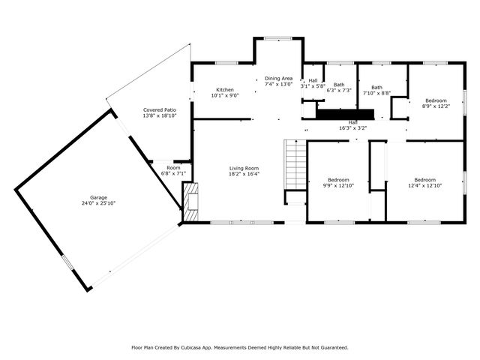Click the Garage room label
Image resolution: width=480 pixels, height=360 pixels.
pyautogui.click(x=99, y=197)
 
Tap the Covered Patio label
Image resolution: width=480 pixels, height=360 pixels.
pyautogui.click(x=159, y=110)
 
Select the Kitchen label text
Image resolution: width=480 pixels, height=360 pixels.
pyautogui.click(x=225, y=89)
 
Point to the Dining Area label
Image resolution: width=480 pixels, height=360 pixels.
pyautogui.click(x=277, y=79)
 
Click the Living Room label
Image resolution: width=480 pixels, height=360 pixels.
pyautogui.click(x=244, y=168)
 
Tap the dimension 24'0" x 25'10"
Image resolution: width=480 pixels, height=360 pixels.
pyautogui.click(x=99, y=203)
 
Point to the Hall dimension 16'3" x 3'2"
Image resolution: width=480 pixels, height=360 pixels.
pyautogui.click(x=352, y=128)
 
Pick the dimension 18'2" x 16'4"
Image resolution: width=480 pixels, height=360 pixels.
pyautogui.click(x=244, y=174)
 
